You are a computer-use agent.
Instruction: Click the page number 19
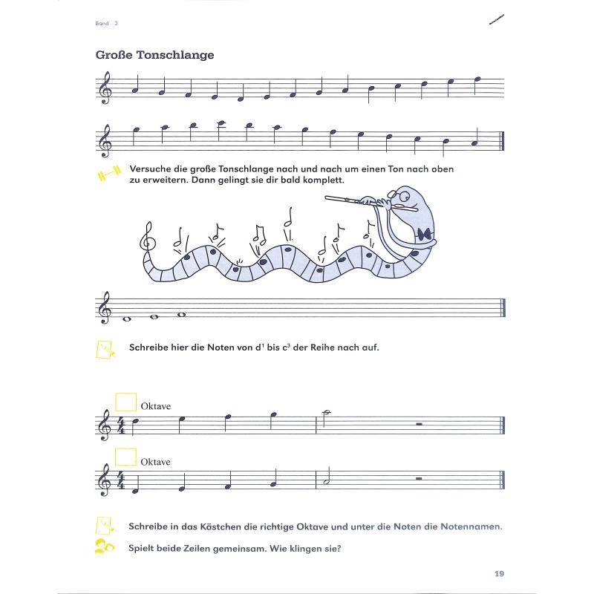point(498,572)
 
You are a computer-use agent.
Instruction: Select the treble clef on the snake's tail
point(148,237)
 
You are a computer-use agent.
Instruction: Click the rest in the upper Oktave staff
point(420,425)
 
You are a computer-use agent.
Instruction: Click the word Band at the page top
point(102,24)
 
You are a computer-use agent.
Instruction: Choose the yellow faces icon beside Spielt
point(105,548)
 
